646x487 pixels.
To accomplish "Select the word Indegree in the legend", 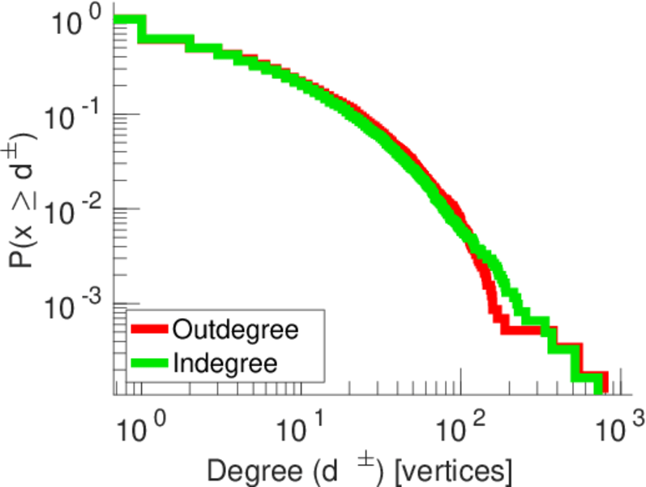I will pyautogui.click(x=225, y=362).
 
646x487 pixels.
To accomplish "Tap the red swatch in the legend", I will pyautogui.click(x=150, y=330).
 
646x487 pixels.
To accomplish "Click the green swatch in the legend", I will pyautogui.click(x=150, y=362).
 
